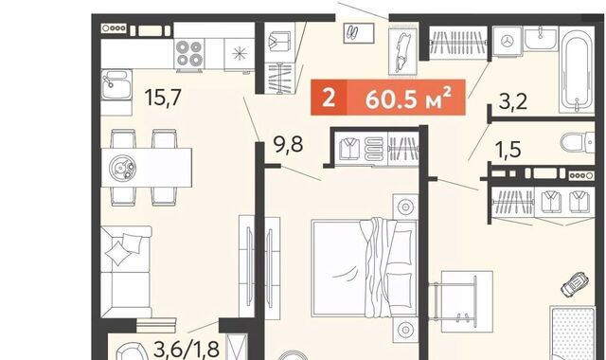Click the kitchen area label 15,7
pos(163,97)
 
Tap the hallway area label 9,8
pos(288,145)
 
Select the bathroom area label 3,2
pos(513,101)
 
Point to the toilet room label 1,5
pos(508,150)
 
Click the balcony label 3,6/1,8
pos(187,350)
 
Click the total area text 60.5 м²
pos(408,99)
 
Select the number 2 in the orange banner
pos(329,98)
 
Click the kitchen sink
pos(116,84)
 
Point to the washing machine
pos(508,41)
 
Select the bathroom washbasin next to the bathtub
pos(541,38)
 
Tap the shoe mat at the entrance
pos(359,33)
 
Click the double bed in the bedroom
pos(364,268)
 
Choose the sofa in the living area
pos(126,272)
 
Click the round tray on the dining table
pos(123,169)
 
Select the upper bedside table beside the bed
pos(405,207)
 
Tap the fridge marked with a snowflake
pos(239,54)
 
